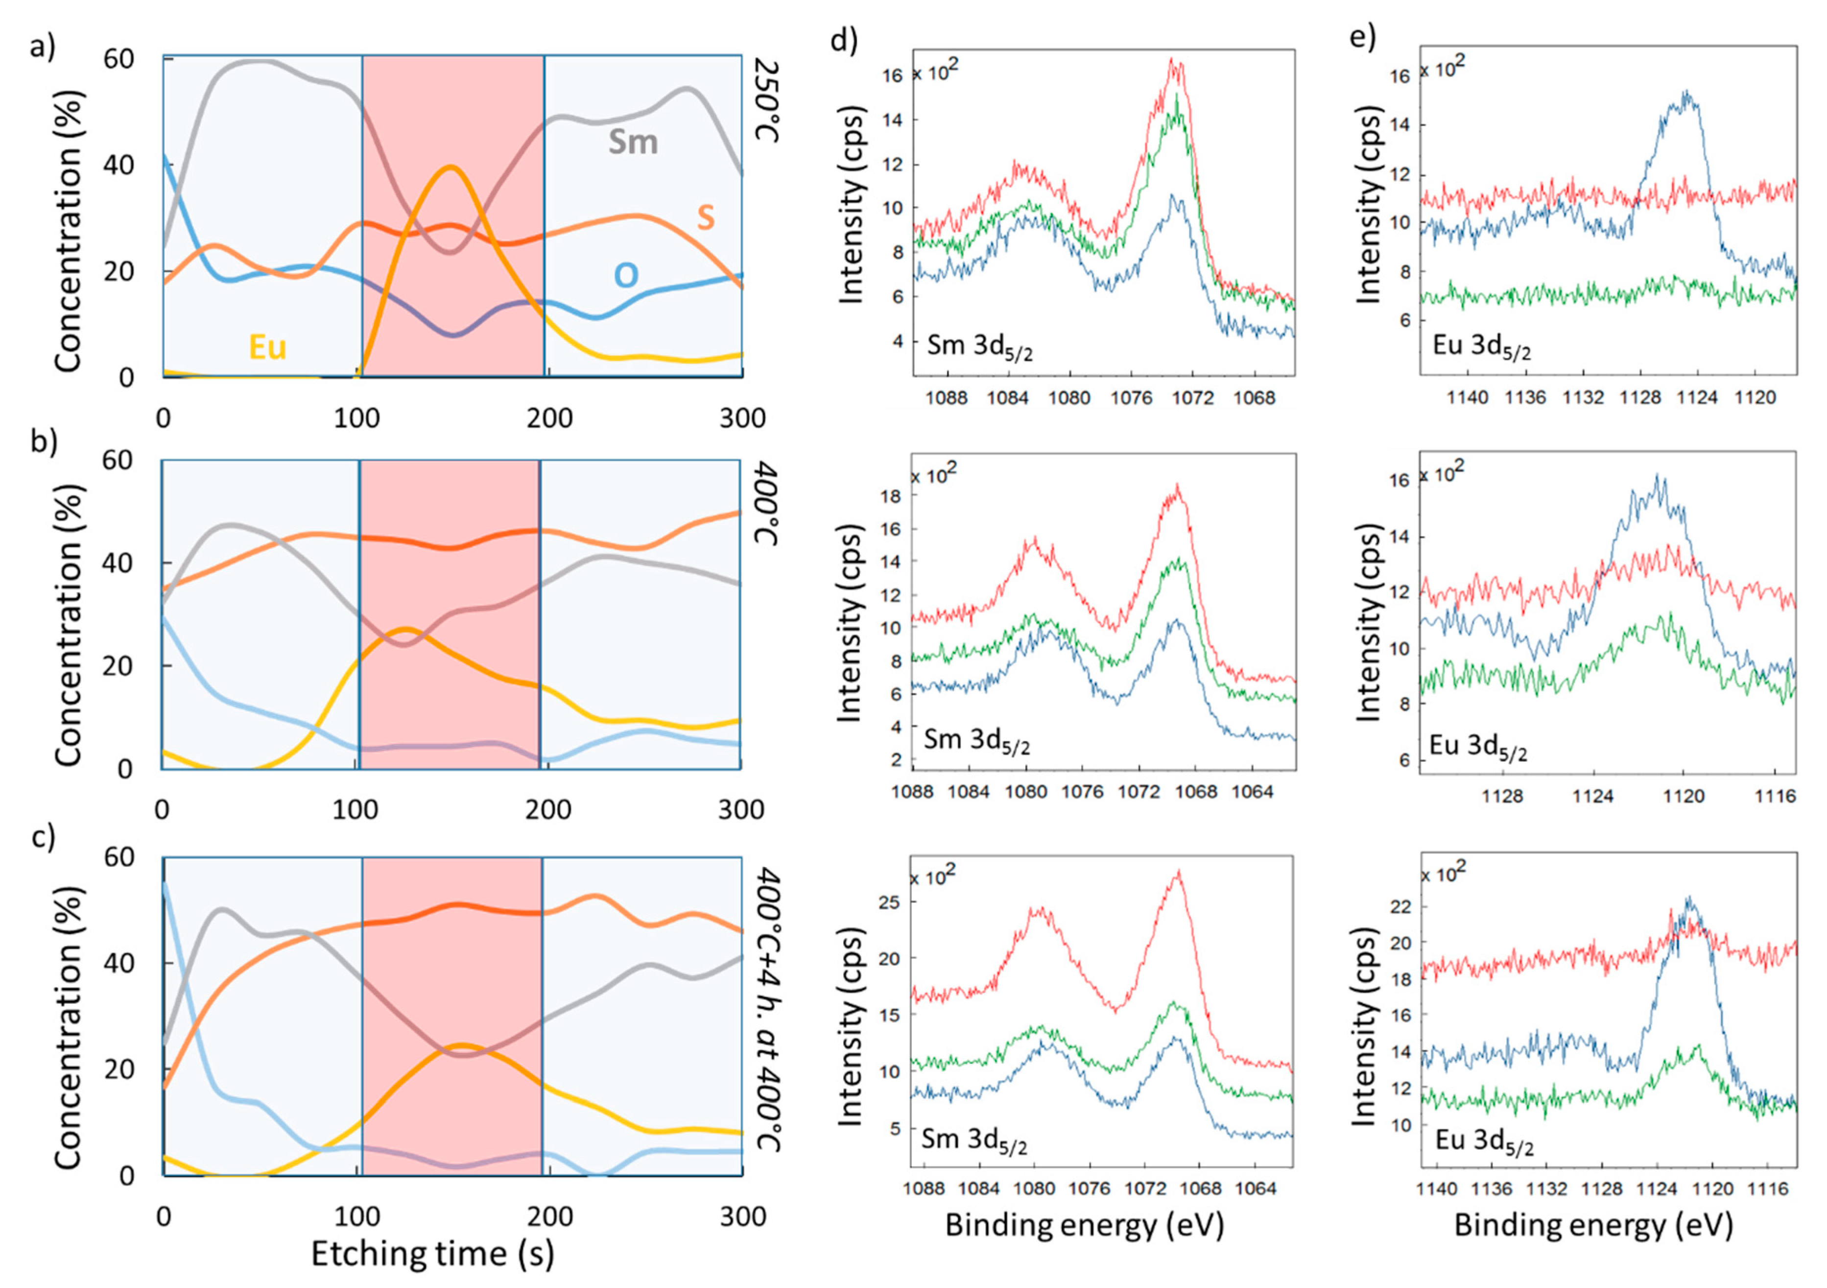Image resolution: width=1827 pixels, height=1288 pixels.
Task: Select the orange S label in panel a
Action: point(705,218)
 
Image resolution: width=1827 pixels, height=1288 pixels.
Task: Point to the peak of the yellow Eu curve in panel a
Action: point(451,167)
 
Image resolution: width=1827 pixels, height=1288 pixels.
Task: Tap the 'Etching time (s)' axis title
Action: point(432,1253)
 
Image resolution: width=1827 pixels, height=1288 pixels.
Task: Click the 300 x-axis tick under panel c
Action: point(741,1216)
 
